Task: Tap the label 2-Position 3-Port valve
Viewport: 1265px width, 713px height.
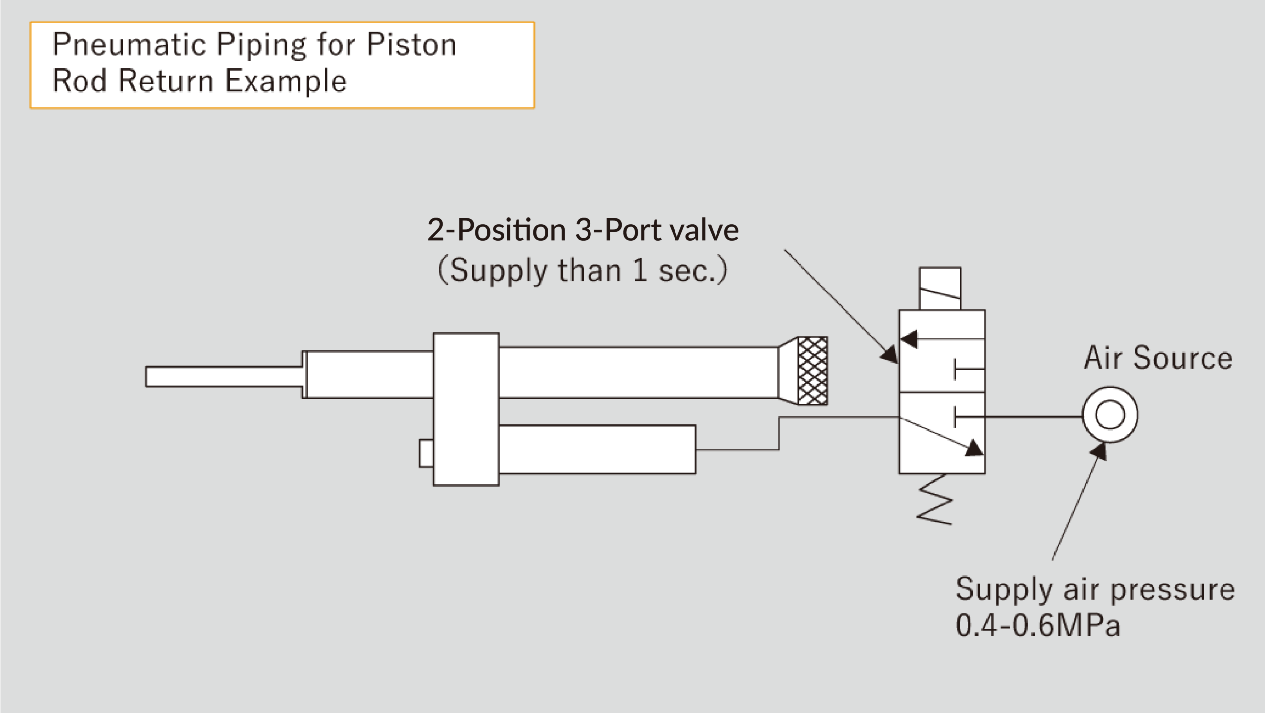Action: pyautogui.click(x=583, y=230)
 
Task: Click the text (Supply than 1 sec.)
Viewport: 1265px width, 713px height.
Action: pyautogui.click(x=583, y=271)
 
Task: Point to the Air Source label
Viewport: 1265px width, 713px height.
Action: pyautogui.click(x=1158, y=358)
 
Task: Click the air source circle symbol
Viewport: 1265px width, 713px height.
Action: pyautogui.click(x=1110, y=415)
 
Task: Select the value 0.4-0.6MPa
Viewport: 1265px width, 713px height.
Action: pyautogui.click(x=1037, y=626)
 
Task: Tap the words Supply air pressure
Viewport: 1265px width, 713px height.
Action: pyautogui.click(x=1095, y=589)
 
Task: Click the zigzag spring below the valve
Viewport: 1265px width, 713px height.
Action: pyautogui.click(x=934, y=499)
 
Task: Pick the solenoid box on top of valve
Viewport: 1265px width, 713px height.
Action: pyautogui.click(x=939, y=289)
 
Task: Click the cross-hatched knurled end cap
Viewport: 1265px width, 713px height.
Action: pyautogui.click(x=812, y=371)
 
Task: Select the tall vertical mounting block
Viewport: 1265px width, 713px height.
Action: pyautogui.click(x=465, y=409)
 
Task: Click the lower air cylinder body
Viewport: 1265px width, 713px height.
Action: pyautogui.click(x=596, y=450)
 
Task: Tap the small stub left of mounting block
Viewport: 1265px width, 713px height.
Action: pyautogui.click(x=426, y=453)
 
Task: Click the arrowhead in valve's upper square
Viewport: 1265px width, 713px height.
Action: pyautogui.click(x=909, y=339)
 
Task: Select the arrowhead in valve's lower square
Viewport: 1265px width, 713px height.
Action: pyautogui.click(x=973, y=449)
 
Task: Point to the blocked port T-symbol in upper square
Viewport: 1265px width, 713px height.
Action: pyautogui.click(x=966, y=369)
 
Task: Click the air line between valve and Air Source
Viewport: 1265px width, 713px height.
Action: pyautogui.click(x=1033, y=417)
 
